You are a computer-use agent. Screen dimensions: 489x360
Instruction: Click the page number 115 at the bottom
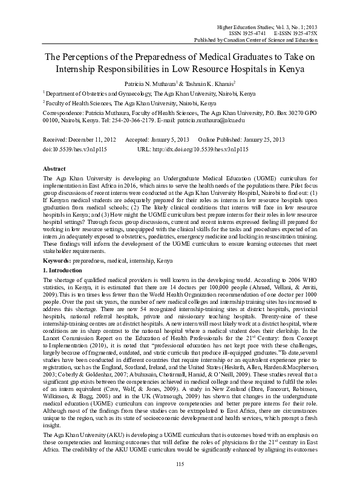(x=180, y=481)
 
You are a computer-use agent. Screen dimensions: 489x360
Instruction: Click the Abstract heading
(x=56, y=168)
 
